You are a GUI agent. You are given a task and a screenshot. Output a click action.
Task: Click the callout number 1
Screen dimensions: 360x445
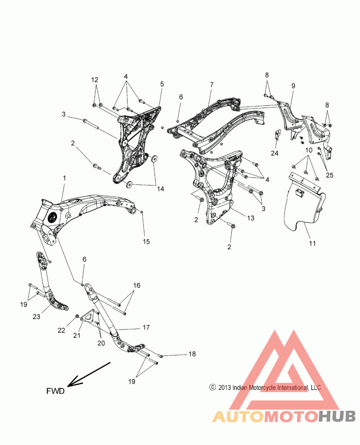tap(64, 178)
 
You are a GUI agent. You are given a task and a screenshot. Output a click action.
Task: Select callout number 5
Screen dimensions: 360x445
tap(162, 84)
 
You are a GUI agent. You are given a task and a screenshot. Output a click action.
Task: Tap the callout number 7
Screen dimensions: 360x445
tap(211, 84)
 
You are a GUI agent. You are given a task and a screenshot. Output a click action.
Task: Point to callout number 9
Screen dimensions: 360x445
tap(293, 85)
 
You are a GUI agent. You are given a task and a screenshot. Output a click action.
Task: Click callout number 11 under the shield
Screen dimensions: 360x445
tap(312, 243)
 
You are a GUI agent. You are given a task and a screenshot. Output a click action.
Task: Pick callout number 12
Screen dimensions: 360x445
tap(94, 80)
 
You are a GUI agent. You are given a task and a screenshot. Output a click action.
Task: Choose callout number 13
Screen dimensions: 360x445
tap(251, 218)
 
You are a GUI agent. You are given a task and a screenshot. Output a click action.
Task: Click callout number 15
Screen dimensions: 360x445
tap(146, 242)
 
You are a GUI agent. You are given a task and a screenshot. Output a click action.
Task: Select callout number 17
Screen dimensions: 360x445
tap(146, 328)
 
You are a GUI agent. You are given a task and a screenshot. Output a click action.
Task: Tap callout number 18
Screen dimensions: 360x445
tap(192, 355)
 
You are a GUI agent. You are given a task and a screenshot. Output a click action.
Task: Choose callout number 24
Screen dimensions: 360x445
tap(275, 153)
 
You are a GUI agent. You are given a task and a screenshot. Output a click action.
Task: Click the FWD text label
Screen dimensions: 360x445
tap(56, 391)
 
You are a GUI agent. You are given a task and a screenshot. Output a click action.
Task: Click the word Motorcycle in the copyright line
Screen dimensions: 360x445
tap(259, 387)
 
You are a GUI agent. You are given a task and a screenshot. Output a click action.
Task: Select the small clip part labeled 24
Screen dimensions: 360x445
tap(277, 135)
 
